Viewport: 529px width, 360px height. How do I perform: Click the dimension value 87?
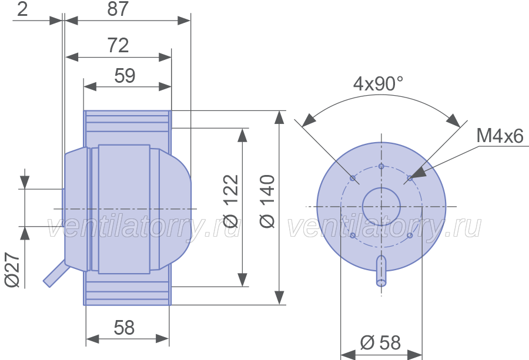point(118,9)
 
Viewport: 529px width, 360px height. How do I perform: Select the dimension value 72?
point(118,45)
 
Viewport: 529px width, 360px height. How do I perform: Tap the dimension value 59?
point(125,75)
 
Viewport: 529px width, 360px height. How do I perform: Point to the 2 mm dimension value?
point(22,9)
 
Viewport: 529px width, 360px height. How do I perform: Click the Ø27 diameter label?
point(13,270)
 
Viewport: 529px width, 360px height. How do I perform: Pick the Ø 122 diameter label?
point(231,201)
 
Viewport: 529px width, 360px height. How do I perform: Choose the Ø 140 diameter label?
point(267,201)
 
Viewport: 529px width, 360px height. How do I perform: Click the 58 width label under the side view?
point(124,327)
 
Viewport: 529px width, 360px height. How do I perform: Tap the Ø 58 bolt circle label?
point(380,343)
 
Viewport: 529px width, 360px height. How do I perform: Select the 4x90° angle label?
point(378,83)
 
